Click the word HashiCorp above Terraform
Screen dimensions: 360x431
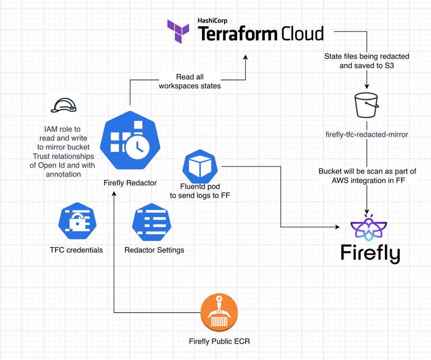(213, 21)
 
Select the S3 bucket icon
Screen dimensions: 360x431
(367, 105)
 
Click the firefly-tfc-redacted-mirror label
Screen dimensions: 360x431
(367, 135)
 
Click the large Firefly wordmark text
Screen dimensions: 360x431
(370, 253)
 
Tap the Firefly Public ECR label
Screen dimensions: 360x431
(219, 341)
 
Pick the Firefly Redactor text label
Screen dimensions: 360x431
(130, 183)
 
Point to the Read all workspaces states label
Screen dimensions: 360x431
(189, 81)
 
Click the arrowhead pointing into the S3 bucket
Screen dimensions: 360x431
(367, 87)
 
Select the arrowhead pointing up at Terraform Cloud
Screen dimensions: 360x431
(245, 57)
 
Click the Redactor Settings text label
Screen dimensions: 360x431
(154, 250)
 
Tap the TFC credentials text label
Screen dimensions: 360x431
(76, 250)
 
